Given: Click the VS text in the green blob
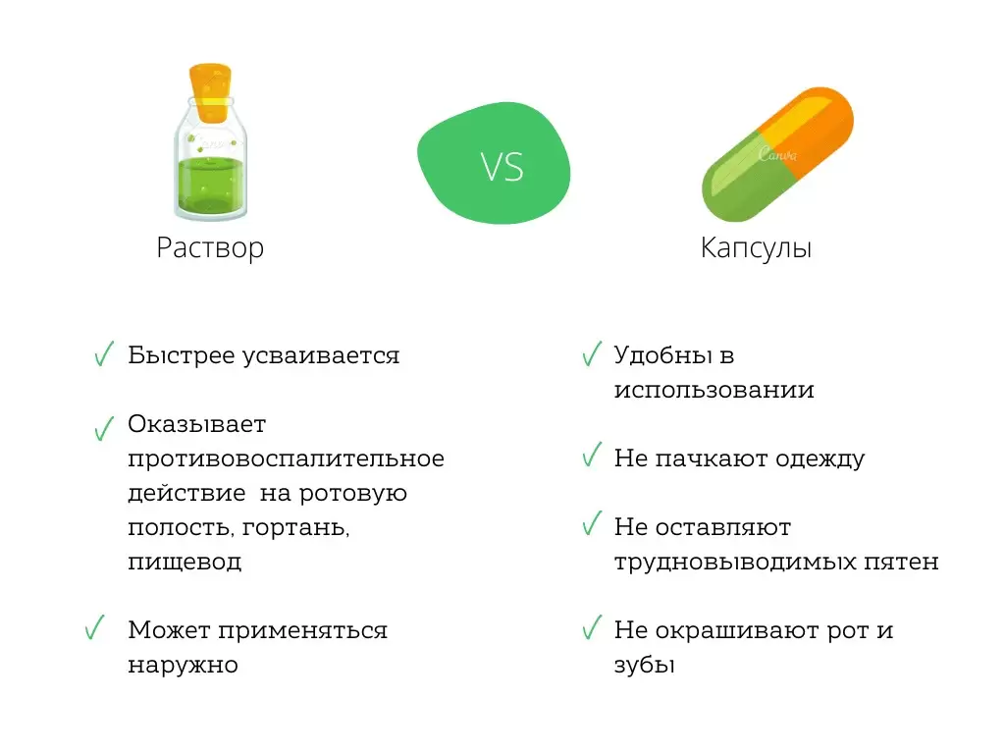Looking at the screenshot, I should click(502, 166).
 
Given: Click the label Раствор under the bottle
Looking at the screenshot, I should click(210, 247).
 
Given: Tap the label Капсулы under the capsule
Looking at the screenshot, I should click(756, 247).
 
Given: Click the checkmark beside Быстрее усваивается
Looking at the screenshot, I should click(103, 355).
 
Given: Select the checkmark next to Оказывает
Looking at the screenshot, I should click(103, 428).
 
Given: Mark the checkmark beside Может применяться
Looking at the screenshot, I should click(95, 628).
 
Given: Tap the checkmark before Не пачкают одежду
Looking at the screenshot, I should click(591, 456).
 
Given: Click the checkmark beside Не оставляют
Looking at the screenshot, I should click(591, 524).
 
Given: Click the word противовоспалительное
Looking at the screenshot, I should click(286, 458).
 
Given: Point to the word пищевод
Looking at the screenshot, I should click(185, 563).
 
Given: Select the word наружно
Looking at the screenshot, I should click(184, 665).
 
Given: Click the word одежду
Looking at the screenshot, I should click(820, 458).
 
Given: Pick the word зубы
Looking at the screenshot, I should click(645, 665).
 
